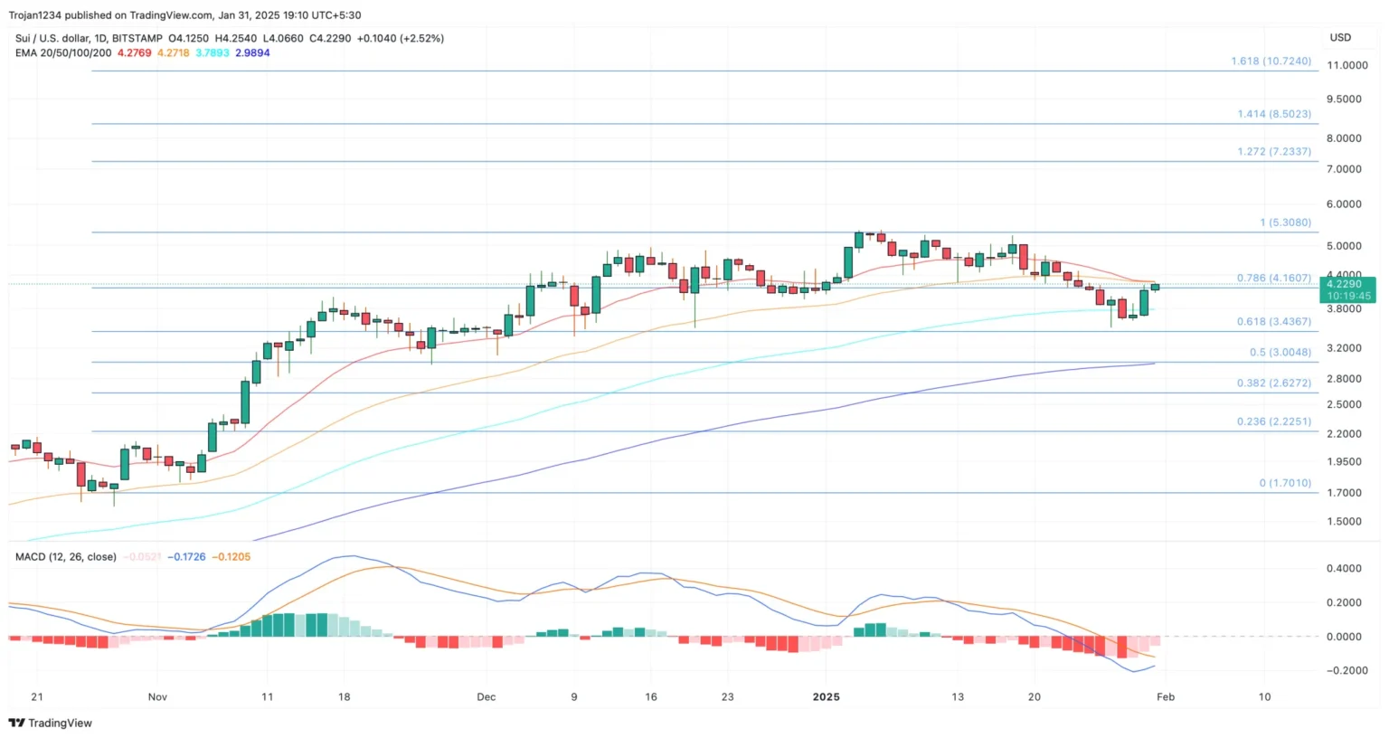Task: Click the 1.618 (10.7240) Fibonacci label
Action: click(1271, 61)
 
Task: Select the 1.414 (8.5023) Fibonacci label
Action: click(1273, 115)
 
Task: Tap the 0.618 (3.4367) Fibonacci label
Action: click(1273, 322)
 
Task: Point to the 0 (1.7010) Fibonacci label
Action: click(1284, 484)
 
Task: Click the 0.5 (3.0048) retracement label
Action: click(1280, 353)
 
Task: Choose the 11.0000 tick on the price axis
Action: click(1346, 66)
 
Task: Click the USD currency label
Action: click(1340, 38)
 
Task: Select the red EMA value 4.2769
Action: click(135, 53)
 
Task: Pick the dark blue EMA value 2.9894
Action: click(252, 53)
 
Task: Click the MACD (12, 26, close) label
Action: click(66, 557)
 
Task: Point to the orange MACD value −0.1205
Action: click(231, 557)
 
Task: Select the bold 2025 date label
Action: click(826, 697)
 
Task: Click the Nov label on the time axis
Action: click(157, 697)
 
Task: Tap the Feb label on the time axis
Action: click(1166, 697)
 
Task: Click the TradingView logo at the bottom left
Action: click(51, 724)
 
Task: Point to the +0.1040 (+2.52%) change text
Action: click(401, 39)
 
